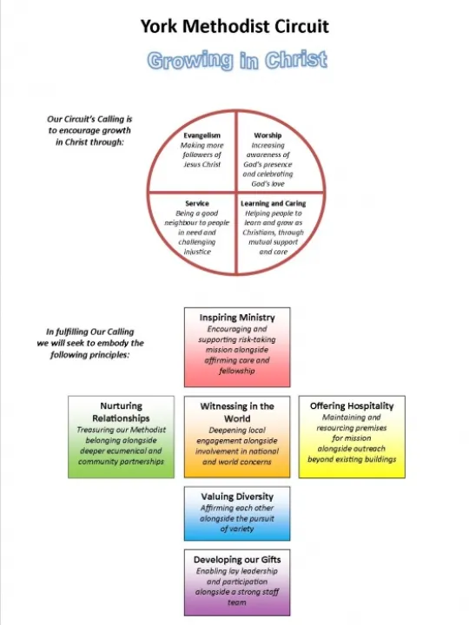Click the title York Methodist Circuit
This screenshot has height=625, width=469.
(234, 26)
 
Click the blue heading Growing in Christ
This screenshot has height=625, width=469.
(236, 60)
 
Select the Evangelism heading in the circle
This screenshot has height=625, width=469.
(202, 135)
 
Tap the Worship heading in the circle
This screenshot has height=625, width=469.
(268, 135)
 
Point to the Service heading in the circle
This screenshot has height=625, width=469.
(197, 203)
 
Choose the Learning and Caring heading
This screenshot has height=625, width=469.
(274, 203)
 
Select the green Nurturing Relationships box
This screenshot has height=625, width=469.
(121, 437)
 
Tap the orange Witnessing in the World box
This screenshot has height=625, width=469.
(237, 437)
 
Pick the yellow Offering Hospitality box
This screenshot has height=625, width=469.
(352, 437)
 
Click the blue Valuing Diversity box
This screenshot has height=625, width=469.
(237, 513)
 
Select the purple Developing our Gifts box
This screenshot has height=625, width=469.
(237, 582)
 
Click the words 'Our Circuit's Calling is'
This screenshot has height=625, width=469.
(89, 119)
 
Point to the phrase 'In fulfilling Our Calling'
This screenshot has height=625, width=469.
(89, 332)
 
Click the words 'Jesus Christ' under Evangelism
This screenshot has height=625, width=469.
(202, 165)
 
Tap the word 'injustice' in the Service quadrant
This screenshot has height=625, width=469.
(197, 252)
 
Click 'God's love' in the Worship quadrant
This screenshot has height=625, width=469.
(268, 184)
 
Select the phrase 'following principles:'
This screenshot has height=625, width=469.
(89, 354)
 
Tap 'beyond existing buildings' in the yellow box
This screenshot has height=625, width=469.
(352, 459)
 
